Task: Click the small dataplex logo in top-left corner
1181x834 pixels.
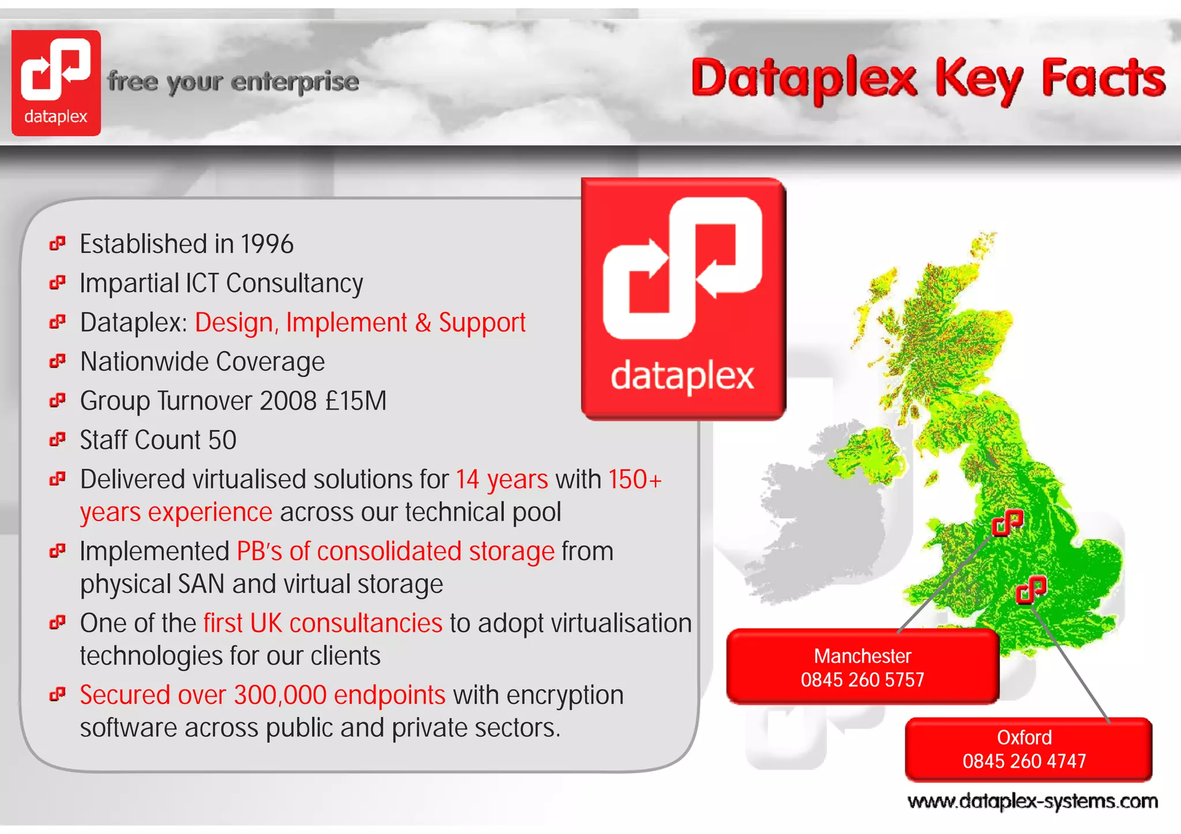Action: (56, 82)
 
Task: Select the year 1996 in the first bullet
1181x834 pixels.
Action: (267, 244)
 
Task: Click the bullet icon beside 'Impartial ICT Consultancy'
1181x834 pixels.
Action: (57, 283)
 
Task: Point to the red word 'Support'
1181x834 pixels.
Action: (482, 323)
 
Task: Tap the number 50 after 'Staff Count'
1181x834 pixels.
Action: (222, 440)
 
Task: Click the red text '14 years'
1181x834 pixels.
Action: (502, 480)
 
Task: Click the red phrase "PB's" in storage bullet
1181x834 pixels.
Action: (259, 552)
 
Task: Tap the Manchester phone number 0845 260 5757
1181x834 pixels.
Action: (862, 680)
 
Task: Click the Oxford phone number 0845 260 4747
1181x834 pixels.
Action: (1024, 761)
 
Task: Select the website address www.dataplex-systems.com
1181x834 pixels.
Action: (1032, 802)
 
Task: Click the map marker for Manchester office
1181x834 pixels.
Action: (1007, 522)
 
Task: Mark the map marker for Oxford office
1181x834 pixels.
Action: (1030, 589)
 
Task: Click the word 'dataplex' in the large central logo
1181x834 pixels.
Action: (682, 376)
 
